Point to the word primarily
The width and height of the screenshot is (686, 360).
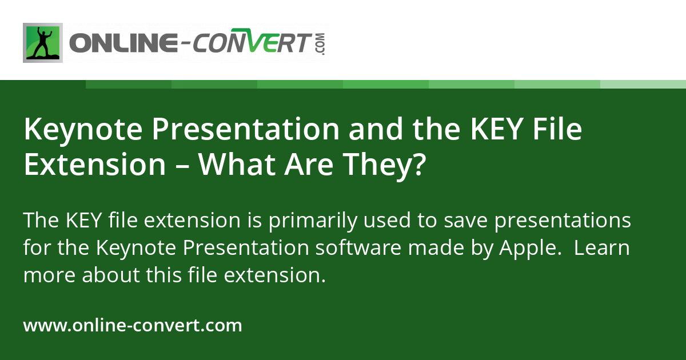click(300, 221)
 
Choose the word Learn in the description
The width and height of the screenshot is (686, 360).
click(602, 248)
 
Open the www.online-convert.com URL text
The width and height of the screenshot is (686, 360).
click(133, 326)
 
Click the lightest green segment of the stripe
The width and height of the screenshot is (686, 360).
click(643, 84)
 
